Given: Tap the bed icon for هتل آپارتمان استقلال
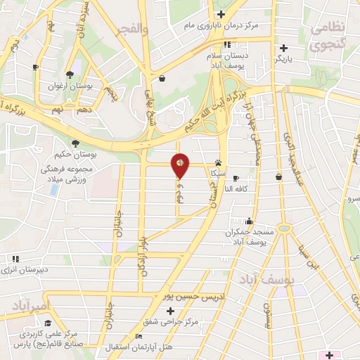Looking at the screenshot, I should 139,336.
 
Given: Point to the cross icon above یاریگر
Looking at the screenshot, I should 283,48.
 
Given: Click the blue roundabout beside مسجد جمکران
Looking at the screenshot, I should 283,228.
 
